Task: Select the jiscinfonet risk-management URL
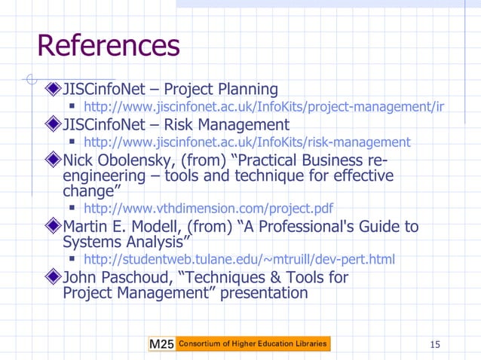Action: tap(247, 142)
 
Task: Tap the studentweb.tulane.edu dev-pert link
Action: tap(238, 260)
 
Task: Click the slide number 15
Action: tap(434, 345)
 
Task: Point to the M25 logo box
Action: tap(161, 344)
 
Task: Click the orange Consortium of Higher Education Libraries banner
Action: tap(253, 344)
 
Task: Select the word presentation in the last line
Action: tap(264, 293)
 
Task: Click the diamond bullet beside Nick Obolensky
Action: tap(53, 160)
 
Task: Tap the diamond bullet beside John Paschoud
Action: tap(53, 278)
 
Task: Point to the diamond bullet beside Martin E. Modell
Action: tap(53, 227)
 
